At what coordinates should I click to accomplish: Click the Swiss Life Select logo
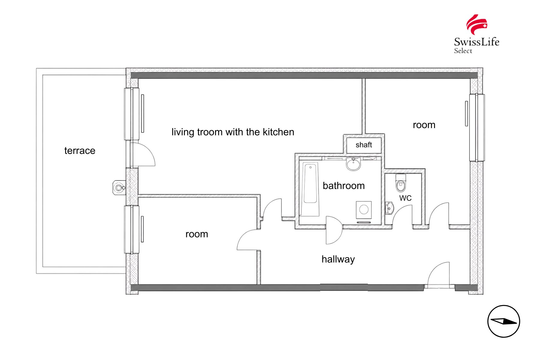pos(476,34)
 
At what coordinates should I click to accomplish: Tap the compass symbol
pos(504,321)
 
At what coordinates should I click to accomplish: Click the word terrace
pos(80,151)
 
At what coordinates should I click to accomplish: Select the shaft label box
pos(364,145)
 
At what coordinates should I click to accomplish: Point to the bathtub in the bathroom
pos(310,189)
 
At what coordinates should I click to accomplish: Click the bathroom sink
pos(354,163)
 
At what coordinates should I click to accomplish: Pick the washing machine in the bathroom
pos(364,210)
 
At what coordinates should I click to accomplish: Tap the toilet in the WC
pos(401,183)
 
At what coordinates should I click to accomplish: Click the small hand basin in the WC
pos(389,208)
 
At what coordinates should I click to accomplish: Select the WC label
pos(405,198)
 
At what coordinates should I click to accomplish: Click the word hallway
pos(338,259)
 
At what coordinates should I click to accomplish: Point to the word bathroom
pos(344,186)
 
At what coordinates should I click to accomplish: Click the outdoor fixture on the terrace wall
pos(119,188)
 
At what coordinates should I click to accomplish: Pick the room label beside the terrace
pos(197,234)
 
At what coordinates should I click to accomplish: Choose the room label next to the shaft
pos(424,125)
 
